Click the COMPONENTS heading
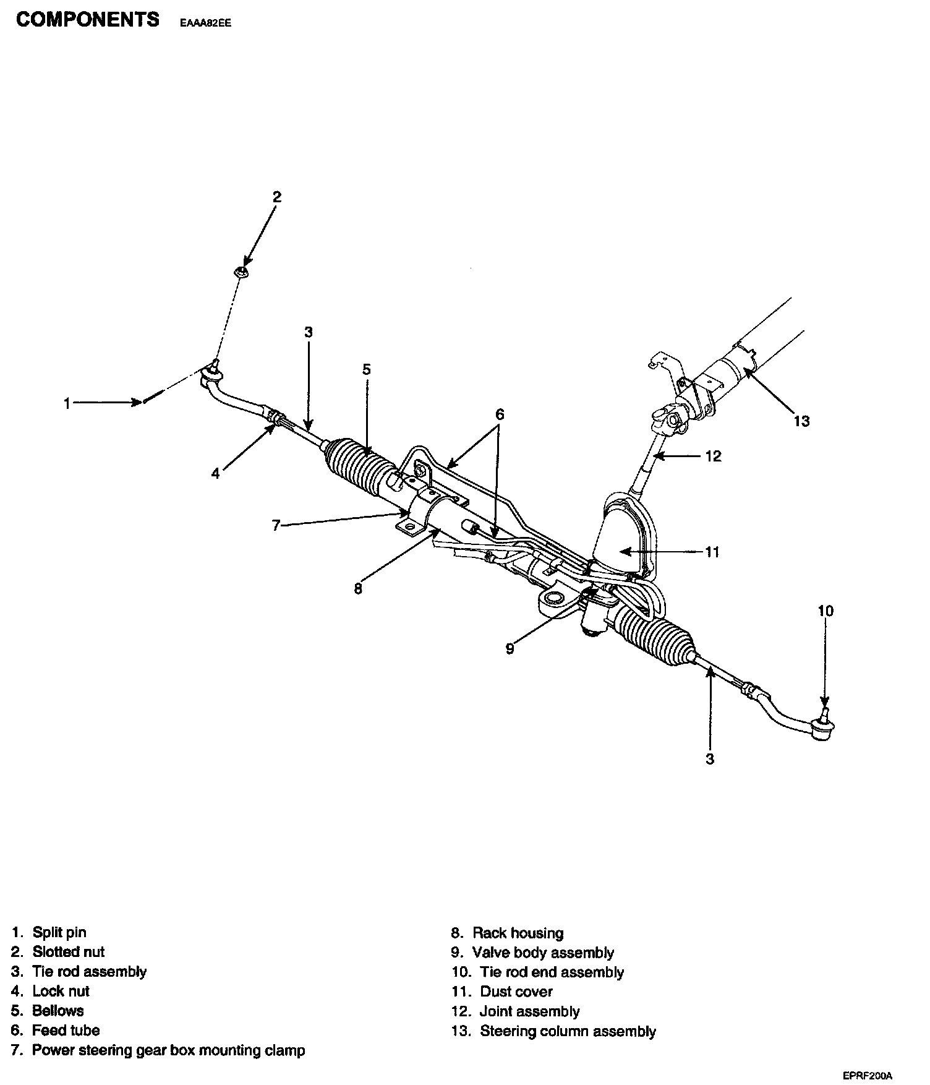pos(87,20)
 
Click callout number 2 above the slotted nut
pos(277,197)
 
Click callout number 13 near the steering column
pos(801,421)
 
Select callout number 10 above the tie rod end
pos(825,611)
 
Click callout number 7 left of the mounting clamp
pos(276,525)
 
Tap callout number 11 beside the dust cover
pos(712,551)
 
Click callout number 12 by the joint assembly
pos(713,456)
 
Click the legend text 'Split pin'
pos(59,932)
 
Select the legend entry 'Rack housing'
pos(518,933)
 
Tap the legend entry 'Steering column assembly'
pos(567,1031)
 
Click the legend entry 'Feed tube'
pos(66,1030)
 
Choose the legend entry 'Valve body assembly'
pos(542,953)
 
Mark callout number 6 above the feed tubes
pos(500,414)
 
